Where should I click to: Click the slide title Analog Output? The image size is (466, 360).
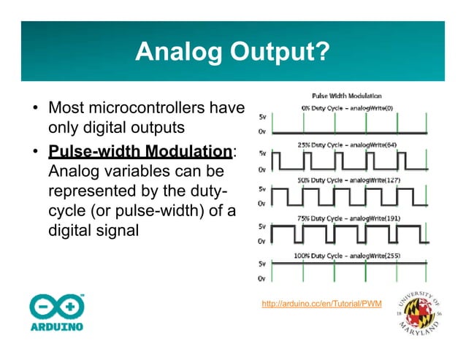[x=232, y=52]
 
